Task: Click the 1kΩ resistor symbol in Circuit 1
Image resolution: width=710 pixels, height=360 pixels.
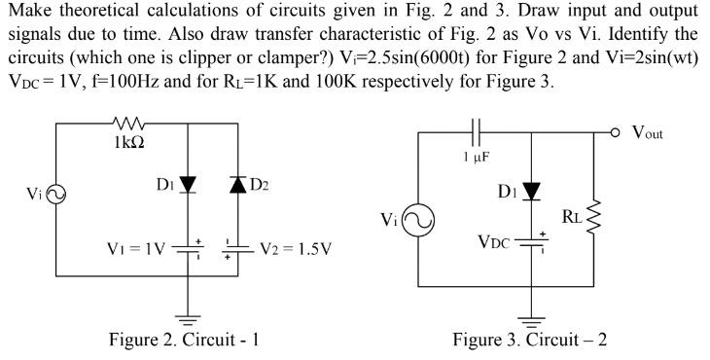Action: tap(130, 124)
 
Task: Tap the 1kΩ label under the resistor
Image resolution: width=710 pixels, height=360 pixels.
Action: tap(130, 141)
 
